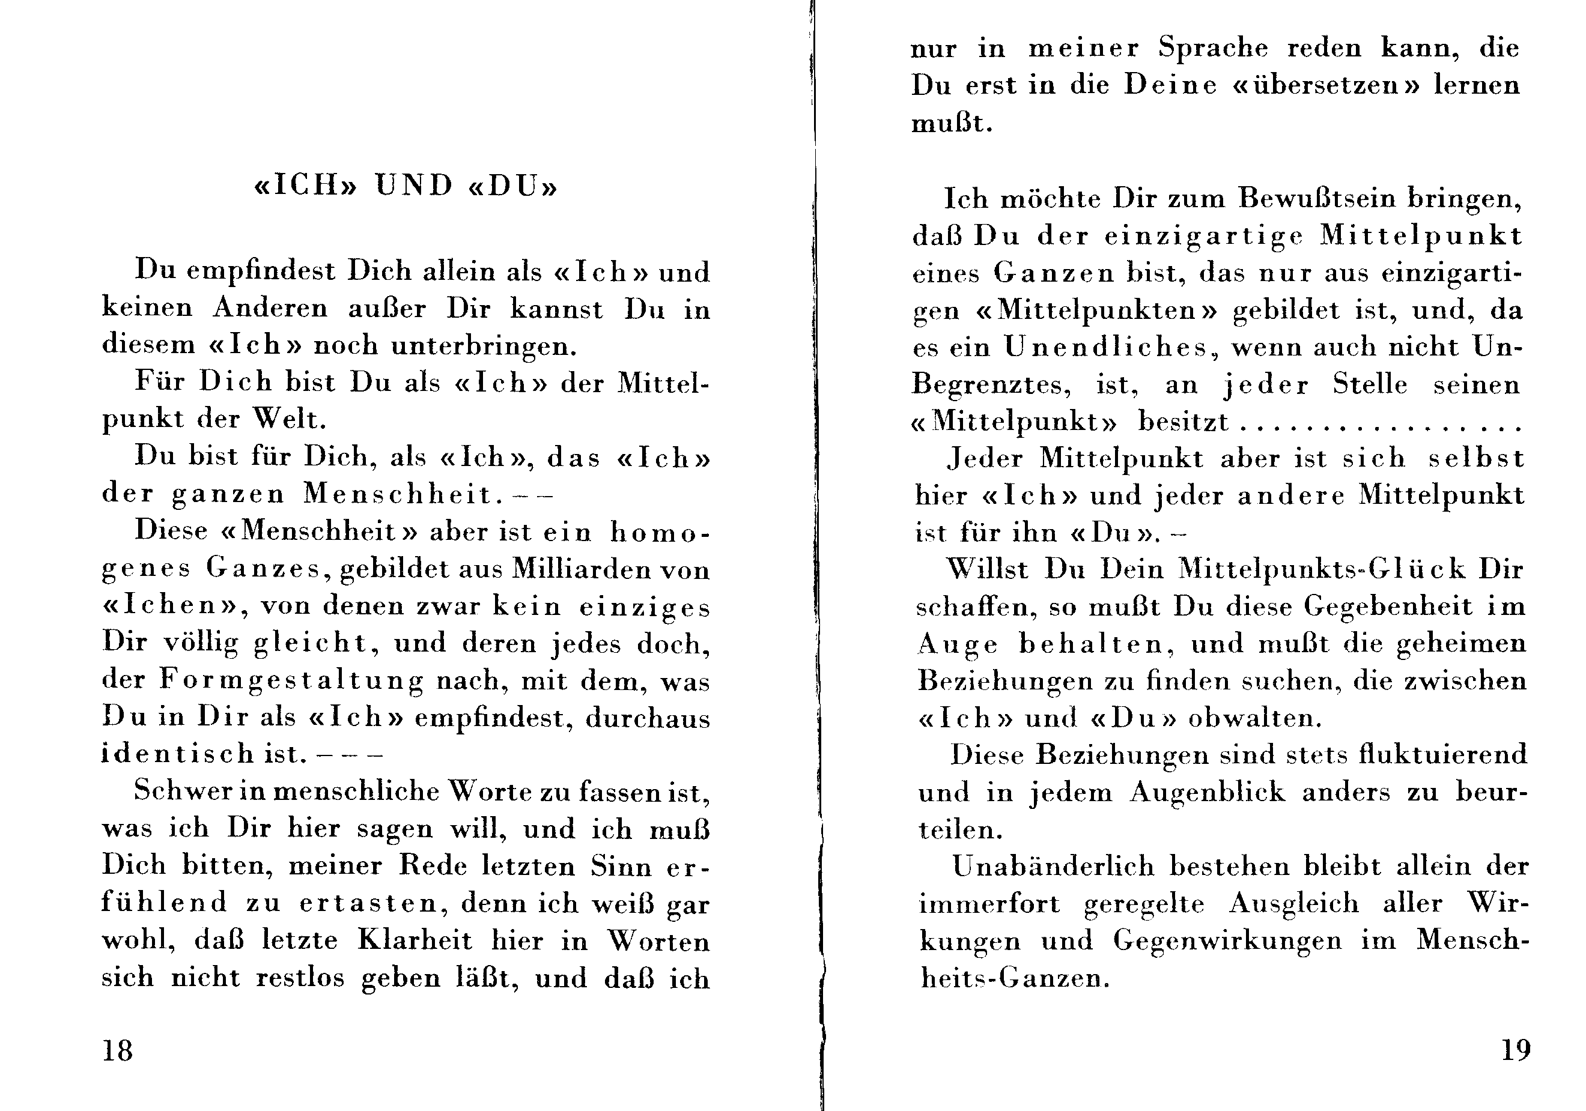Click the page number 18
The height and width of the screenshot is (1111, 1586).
tap(117, 1051)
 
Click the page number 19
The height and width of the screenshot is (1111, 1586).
tap(1516, 1050)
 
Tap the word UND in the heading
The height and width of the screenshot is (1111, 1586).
tap(414, 186)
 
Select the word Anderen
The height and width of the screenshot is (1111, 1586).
tap(270, 308)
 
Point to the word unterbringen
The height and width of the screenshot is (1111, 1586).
tap(484, 345)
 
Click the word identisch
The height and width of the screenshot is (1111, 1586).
tap(178, 753)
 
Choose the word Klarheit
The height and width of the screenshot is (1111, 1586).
tap(415, 940)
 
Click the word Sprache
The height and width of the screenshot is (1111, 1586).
tap(1213, 48)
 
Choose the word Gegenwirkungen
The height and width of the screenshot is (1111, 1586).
tap(1227, 941)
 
